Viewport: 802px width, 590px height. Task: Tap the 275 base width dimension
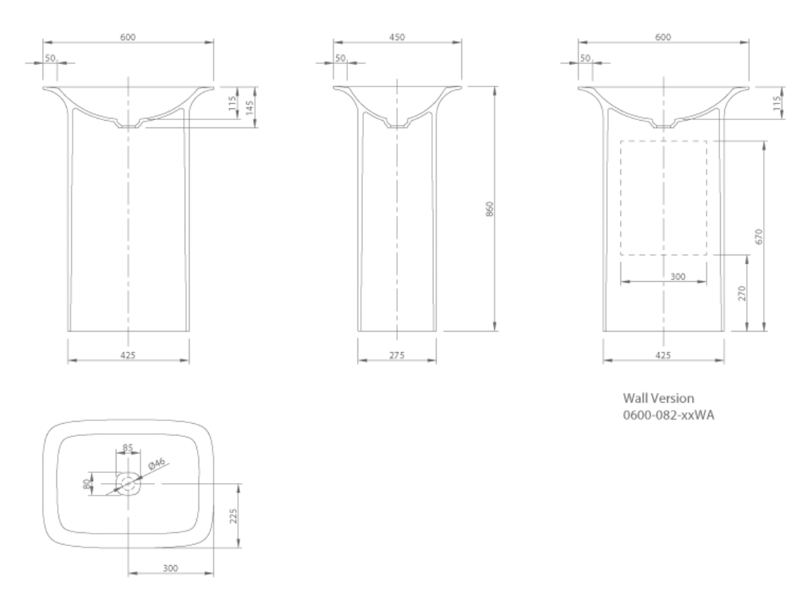396,354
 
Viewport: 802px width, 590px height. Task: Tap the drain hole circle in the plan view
128,482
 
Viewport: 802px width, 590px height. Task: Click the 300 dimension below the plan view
171,568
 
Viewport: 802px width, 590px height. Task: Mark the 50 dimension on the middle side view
341,58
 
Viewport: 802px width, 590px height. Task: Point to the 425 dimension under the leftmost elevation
127,354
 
